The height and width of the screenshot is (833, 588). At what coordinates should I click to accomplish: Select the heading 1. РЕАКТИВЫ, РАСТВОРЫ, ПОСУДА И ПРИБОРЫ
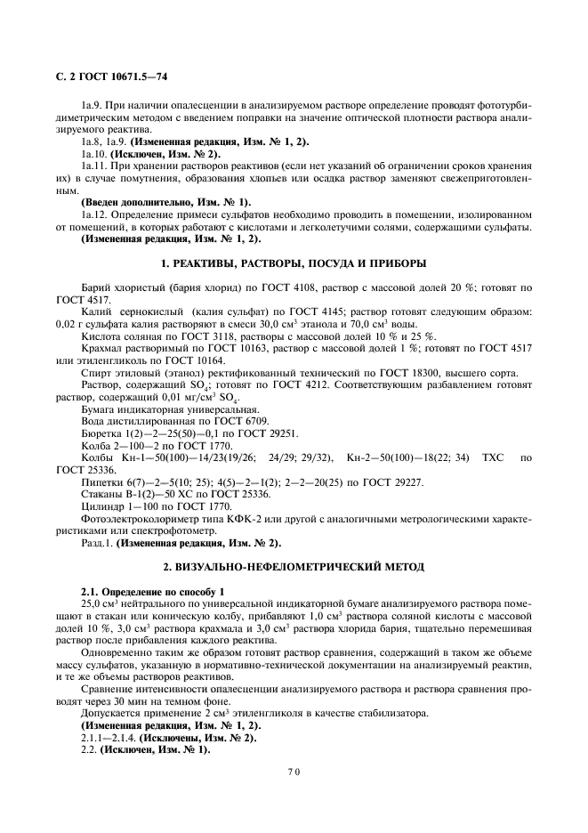pos(293,263)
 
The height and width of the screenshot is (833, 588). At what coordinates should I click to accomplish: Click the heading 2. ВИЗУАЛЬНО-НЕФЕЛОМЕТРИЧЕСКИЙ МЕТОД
pos(293,566)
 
